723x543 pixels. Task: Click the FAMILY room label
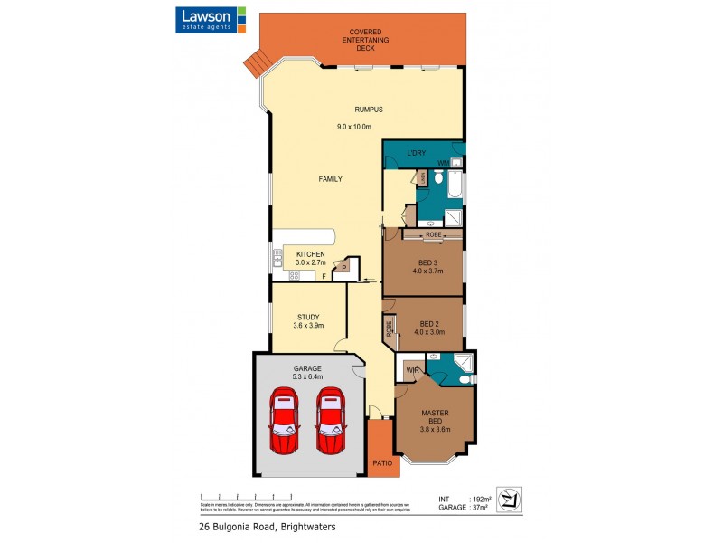pyautogui.click(x=330, y=179)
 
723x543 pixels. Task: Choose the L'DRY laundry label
pyautogui.click(x=416, y=153)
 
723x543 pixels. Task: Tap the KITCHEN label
pyautogui.click(x=310, y=254)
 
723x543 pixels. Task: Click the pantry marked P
pyautogui.click(x=344, y=267)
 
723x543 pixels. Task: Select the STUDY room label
pyautogui.click(x=308, y=317)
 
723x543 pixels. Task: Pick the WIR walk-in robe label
pyautogui.click(x=411, y=371)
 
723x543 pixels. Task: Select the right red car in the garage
pyautogui.click(x=330, y=421)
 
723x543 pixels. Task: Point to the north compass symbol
pyautogui.click(x=512, y=500)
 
